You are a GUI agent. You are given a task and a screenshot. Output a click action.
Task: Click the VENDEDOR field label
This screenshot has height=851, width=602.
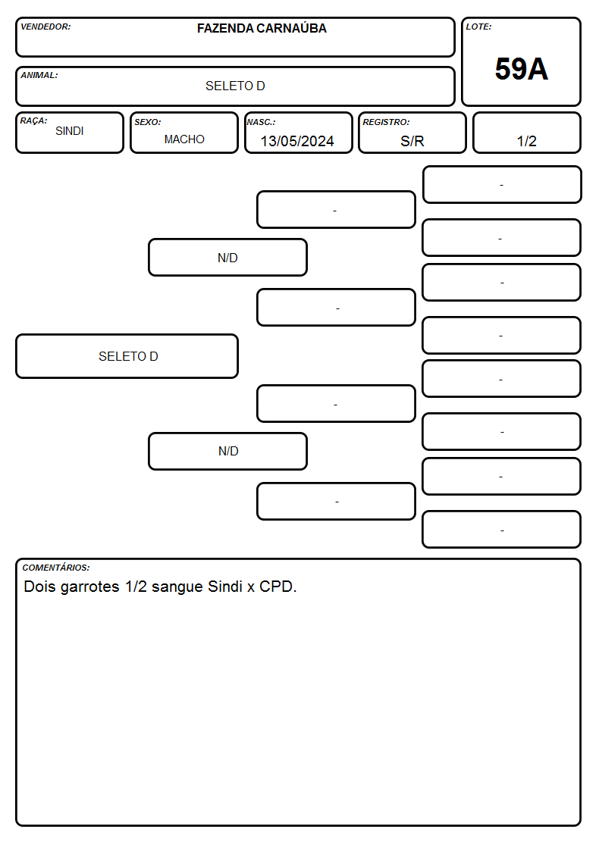pyautogui.click(x=45, y=27)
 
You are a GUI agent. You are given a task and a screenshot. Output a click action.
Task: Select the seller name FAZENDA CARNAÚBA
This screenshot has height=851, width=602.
pyautogui.click(x=262, y=28)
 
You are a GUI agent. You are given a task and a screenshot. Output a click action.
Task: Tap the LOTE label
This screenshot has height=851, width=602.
pyautogui.click(x=478, y=27)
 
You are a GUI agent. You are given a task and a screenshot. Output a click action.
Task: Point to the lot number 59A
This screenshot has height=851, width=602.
pyautogui.click(x=521, y=69)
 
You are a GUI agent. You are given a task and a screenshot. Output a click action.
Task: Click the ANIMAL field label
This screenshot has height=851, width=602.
pyautogui.click(x=39, y=76)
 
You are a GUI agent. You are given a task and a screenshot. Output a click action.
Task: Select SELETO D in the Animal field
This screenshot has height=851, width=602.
pyautogui.click(x=235, y=86)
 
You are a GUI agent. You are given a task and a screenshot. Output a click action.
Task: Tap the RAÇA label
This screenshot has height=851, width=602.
pyautogui.click(x=33, y=120)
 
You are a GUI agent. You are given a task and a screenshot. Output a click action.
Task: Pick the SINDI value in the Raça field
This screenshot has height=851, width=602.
pyautogui.click(x=70, y=131)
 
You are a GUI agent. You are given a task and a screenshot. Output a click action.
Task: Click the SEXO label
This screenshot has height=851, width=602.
pyautogui.click(x=148, y=122)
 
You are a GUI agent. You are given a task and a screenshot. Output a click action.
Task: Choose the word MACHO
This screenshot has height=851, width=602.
pyautogui.click(x=184, y=139)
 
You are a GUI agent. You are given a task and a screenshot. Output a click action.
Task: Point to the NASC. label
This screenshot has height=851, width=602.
pyautogui.click(x=261, y=122)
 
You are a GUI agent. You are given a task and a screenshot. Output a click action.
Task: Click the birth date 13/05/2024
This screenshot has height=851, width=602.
pyautogui.click(x=297, y=141)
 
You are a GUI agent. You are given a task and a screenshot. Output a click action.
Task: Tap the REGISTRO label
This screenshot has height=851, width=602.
pyautogui.click(x=386, y=122)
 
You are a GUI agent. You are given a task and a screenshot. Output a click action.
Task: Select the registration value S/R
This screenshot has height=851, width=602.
pyautogui.click(x=412, y=141)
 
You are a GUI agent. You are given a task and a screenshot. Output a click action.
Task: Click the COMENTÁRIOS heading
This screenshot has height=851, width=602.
pyautogui.click(x=56, y=568)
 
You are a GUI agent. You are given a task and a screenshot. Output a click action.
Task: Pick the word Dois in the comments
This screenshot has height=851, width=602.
pyautogui.click(x=39, y=587)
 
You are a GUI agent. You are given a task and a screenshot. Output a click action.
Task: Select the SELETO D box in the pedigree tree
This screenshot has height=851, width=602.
pyautogui.click(x=127, y=356)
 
